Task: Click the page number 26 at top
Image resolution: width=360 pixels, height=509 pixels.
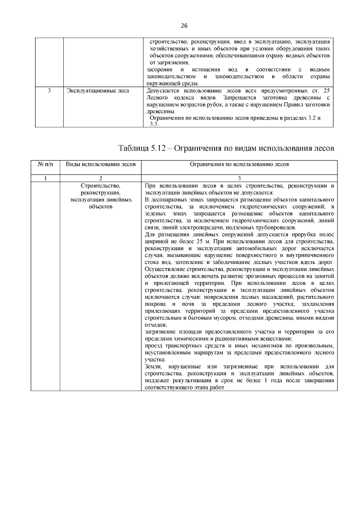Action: click(184, 26)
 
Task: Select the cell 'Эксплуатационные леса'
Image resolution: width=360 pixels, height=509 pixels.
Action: click(98, 91)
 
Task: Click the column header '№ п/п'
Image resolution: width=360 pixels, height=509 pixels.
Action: click(45, 164)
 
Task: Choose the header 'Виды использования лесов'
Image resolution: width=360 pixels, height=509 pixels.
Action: click(100, 164)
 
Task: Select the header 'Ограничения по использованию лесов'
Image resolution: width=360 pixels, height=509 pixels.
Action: click(239, 164)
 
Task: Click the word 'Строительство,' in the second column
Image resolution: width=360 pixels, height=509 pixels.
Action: click(100, 186)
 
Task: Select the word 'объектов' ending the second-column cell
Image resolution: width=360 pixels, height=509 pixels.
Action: click(100, 207)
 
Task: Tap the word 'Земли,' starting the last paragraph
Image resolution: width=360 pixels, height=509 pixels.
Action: click(153, 367)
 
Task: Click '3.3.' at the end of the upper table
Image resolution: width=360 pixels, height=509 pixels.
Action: click(154, 124)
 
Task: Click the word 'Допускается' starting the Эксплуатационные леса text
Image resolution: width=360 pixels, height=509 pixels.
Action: click(162, 91)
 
